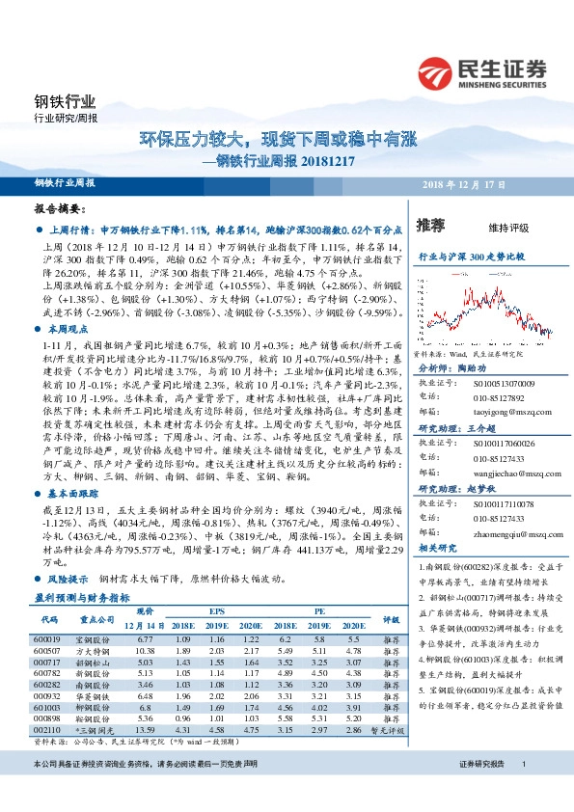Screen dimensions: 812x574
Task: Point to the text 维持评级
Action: (x=508, y=228)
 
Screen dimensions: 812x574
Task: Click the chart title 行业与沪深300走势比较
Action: (x=471, y=257)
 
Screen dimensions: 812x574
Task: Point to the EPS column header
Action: (x=218, y=611)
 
